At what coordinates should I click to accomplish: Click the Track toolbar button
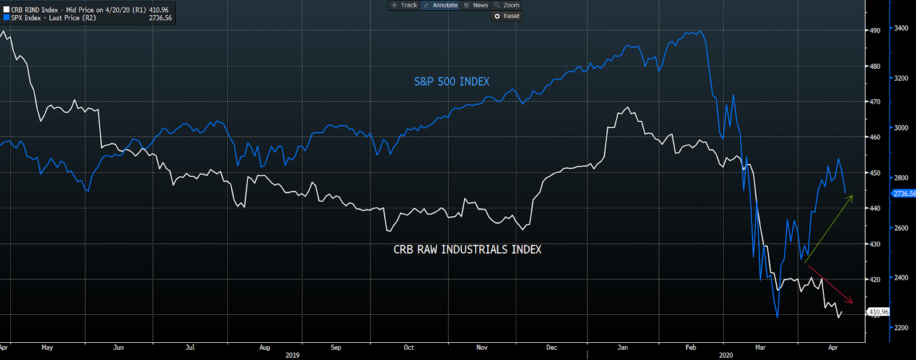coord(404,5)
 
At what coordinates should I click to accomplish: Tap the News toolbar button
coord(476,5)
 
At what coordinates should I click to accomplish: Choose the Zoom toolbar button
coord(507,5)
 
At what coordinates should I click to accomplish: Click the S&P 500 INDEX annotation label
coord(452,82)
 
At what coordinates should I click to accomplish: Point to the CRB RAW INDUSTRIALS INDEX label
coord(467,250)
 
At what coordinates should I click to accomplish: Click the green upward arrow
coord(828,229)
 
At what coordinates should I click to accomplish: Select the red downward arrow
coord(830,284)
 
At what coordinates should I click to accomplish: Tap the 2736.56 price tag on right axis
coord(904,193)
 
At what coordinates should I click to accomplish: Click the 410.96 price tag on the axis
coord(878,312)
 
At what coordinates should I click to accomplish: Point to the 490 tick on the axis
coord(875,30)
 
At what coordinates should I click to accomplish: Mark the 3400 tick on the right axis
coord(901,28)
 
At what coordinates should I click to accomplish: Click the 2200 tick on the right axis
coord(901,327)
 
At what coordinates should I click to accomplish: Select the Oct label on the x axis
coord(409,347)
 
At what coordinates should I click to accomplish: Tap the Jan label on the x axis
coord(622,347)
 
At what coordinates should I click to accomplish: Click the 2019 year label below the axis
coord(293,355)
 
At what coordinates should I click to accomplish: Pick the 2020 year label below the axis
coord(725,355)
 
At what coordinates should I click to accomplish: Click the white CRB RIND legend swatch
coord(7,10)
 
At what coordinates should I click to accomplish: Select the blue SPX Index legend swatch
coord(7,18)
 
